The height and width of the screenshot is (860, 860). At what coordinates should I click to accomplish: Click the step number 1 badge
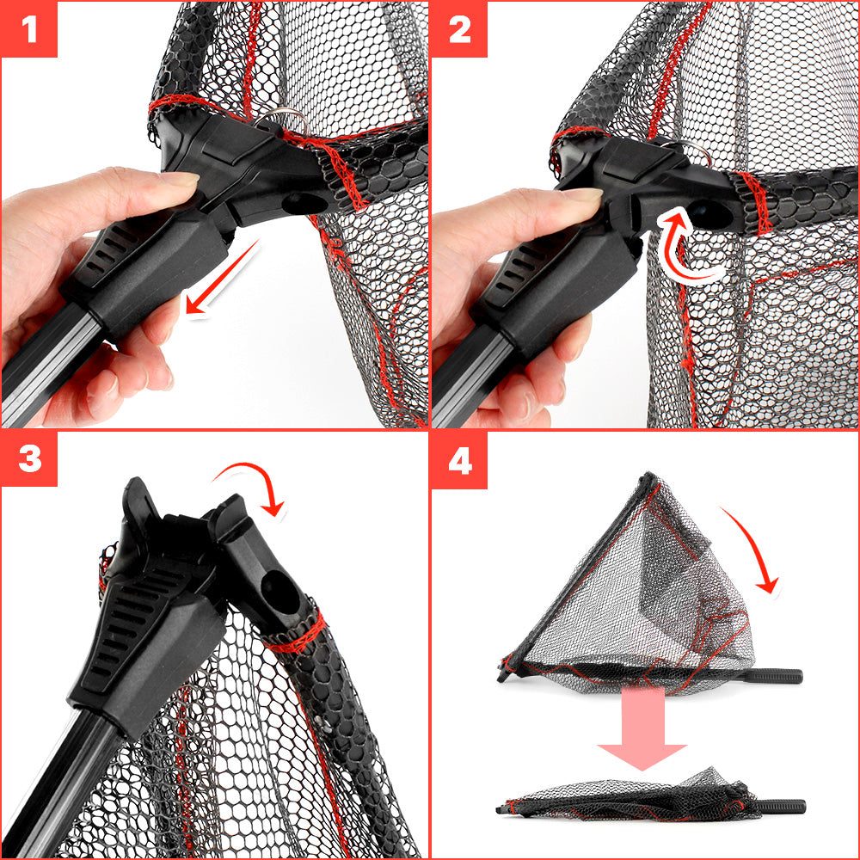click(29, 28)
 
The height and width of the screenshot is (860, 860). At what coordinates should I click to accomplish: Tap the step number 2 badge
click(459, 28)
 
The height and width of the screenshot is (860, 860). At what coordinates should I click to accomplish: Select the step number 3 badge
click(29, 458)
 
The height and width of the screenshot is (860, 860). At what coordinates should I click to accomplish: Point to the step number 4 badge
click(459, 459)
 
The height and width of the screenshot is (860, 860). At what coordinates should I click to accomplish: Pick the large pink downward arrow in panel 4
click(642, 727)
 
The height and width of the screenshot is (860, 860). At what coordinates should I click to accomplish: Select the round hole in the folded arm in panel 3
click(280, 593)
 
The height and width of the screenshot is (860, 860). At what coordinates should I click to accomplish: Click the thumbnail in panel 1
click(180, 178)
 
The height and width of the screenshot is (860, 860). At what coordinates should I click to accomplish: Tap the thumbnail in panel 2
click(581, 193)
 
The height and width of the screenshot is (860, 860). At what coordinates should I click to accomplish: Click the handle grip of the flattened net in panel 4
click(783, 807)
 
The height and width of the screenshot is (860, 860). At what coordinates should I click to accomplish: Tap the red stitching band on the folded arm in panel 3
click(296, 635)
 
